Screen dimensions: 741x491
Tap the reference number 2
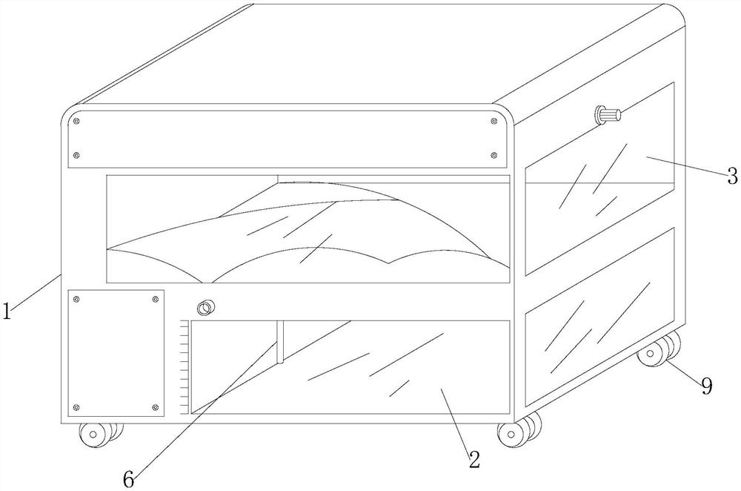pos(473,458)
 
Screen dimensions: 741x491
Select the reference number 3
pos(732,176)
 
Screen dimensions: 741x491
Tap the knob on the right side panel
pos(607,116)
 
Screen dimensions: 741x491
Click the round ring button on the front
pos(205,307)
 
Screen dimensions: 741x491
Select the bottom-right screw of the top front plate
pos(494,155)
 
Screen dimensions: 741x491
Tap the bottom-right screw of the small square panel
pos(155,407)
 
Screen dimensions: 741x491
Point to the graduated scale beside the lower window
pos(184,366)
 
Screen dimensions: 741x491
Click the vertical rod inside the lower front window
pos(280,343)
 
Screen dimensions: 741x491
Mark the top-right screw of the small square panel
pos(155,299)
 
